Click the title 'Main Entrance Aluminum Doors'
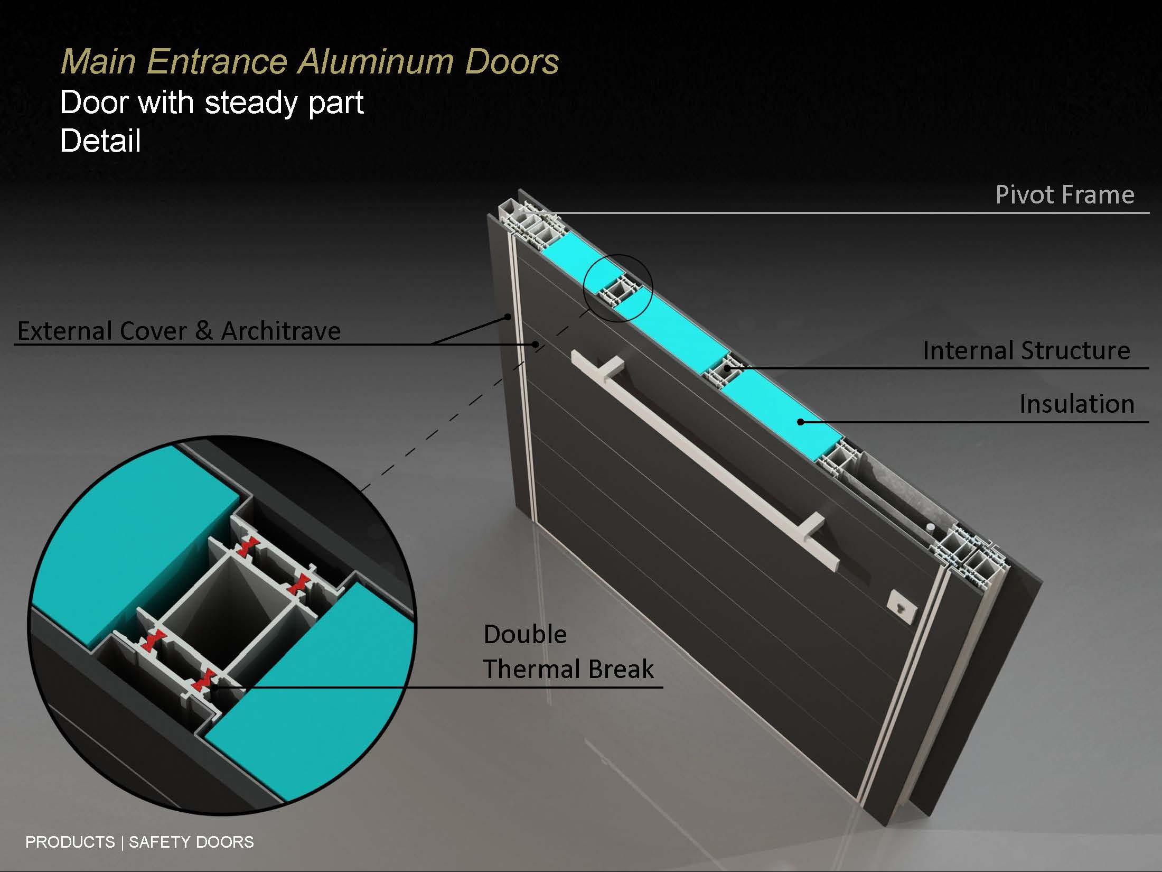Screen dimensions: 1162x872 [x=310, y=62]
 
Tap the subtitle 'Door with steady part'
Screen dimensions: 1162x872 [x=212, y=102]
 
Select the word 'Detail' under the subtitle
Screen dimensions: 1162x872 [x=100, y=141]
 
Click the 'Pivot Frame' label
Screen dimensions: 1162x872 [x=1065, y=194]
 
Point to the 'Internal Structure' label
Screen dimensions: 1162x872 [x=1026, y=350]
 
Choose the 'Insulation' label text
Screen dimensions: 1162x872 [x=1077, y=404]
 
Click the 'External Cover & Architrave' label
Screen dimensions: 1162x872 [x=179, y=331]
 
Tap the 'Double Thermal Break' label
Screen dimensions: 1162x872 [x=568, y=652]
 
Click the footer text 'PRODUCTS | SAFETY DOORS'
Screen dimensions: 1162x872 [x=139, y=842]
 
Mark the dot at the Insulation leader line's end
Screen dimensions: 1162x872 [x=801, y=422]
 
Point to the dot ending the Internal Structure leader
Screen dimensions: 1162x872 [x=728, y=368]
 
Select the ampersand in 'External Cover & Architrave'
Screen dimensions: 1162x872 [x=204, y=331]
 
